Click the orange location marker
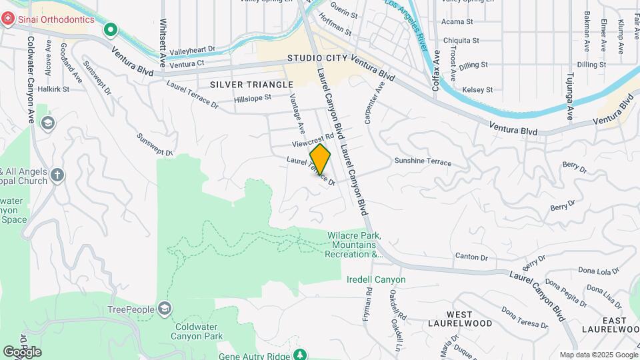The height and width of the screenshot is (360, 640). (x=320, y=159)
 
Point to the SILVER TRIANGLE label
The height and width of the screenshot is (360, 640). (x=251, y=85)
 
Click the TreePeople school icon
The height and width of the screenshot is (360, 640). (x=164, y=309)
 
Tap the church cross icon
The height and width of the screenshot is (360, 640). (x=57, y=175)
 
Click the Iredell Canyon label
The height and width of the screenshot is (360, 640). (x=376, y=279)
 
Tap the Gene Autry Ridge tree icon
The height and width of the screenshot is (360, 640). (x=301, y=354)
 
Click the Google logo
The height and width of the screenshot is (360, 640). (x=22, y=351)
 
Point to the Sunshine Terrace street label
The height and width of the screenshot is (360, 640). (x=423, y=162)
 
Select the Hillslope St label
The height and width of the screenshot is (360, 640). (x=253, y=98)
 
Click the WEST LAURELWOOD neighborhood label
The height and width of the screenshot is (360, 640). (x=469, y=319)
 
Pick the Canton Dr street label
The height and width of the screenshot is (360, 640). (x=471, y=257)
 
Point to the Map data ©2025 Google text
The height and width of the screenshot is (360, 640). (x=598, y=355)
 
